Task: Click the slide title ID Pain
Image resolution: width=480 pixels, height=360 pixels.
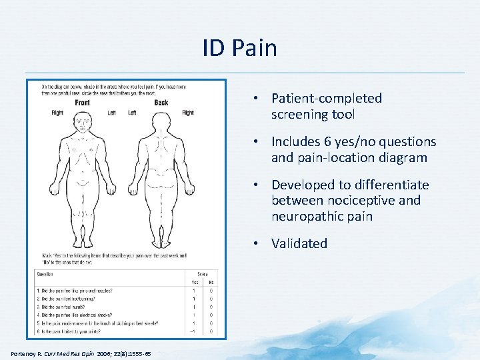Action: click(240, 48)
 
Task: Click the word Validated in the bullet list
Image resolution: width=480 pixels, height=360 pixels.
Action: click(299, 243)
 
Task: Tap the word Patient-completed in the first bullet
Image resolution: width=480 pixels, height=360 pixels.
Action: click(327, 99)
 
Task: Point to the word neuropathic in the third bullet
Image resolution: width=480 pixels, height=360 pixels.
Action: click(303, 217)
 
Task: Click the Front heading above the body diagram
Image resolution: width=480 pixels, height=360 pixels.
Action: click(82, 103)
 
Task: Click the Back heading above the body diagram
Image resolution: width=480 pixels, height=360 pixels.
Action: click(161, 103)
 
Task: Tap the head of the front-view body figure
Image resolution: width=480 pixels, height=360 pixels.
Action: click(83, 121)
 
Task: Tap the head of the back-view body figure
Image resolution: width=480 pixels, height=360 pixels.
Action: click(161, 121)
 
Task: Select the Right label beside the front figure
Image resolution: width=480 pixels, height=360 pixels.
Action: click(57, 113)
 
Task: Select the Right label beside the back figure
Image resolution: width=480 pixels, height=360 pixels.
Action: click(188, 113)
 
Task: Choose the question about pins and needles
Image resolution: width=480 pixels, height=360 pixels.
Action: click(75, 291)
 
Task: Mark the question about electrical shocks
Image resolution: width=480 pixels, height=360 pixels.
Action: click(78, 315)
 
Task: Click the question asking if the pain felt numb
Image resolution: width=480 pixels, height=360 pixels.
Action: click(66, 307)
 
